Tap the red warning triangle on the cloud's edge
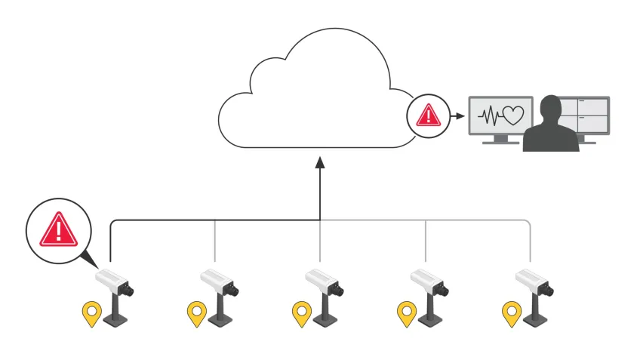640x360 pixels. pos(428,115)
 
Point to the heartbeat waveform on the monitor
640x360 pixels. pos(491,117)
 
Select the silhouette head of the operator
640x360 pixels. pos(552,108)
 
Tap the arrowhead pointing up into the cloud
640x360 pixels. pos(319,162)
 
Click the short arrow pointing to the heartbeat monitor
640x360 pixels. pos(457,116)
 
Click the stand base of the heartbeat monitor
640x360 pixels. pos(499,142)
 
